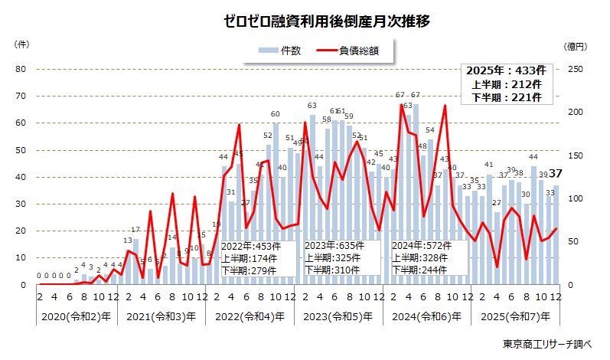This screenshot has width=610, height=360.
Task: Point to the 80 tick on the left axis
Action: tap(21, 69)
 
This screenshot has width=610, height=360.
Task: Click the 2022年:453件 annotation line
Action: tap(250, 247)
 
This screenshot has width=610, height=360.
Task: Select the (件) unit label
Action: tap(22, 45)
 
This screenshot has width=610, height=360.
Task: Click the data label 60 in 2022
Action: tap(276, 115)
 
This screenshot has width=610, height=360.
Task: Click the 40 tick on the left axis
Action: tap(21, 177)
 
